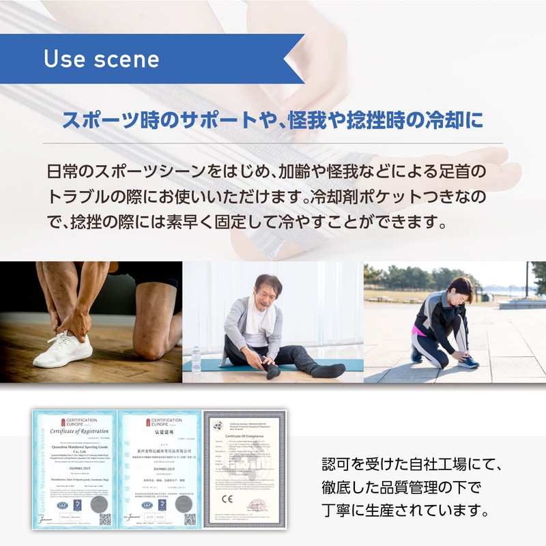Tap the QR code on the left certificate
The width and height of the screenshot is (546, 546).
pyautogui.click(x=104, y=519)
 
